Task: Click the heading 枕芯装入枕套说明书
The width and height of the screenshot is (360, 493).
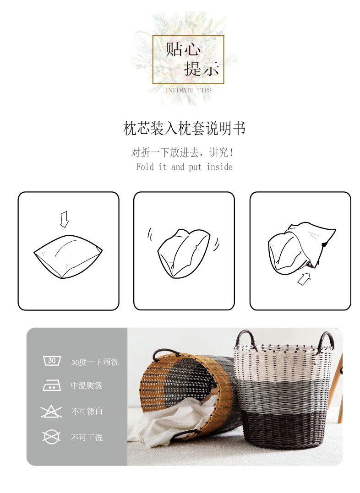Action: (x=184, y=129)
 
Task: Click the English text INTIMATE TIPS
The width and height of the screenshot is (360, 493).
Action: (x=188, y=90)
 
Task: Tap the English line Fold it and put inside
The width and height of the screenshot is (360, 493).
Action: (x=184, y=167)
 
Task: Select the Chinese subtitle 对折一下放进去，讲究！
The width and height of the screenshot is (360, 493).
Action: (x=184, y=152)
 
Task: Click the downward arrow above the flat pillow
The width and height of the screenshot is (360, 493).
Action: (x=64, y=219)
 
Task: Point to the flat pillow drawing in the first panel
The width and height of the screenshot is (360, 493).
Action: (x=68, y=256)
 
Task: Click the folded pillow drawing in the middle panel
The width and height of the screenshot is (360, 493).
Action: (x=183, y=253)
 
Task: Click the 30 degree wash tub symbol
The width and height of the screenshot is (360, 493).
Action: (x=52, y=361)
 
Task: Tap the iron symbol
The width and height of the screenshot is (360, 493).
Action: (x=52, y=385)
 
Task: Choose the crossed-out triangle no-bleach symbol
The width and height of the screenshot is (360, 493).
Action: (x=51, y=411)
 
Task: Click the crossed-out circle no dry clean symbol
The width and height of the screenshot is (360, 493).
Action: (x=51, y=437)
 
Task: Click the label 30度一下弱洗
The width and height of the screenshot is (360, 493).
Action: (x=95, y=362)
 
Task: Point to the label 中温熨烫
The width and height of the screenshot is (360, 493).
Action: (x=86, y=386)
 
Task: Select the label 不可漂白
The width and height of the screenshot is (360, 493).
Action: (x=87, y=412)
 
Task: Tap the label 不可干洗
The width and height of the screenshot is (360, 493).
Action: (x=87, y=438)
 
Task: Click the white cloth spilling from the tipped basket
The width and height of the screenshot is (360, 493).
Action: (x=169, y=421)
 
